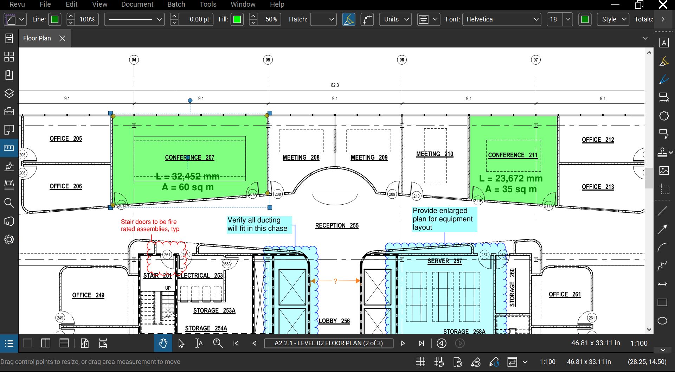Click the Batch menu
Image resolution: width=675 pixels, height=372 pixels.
click(x=176, y=5)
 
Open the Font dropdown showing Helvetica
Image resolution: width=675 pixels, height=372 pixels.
click(x=501, y=19)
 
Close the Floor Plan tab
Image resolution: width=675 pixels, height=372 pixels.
click(x=62, y=38)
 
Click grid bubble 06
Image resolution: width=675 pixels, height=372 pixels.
click(x=402, y=60)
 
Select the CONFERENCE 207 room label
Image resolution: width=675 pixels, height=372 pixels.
click(x=189, y=158)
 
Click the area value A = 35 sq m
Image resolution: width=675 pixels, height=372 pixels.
click(x=510, y=189)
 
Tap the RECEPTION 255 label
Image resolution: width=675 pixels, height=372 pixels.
click(x=336, y=226)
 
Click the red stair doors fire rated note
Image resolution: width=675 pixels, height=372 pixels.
click(x=150, y=225)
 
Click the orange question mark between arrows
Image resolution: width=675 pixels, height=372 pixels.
click(x=335, y=281)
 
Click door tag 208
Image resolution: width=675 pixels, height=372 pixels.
click(x=278, y=194)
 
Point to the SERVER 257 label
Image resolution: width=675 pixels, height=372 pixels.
click(x=444, y=261)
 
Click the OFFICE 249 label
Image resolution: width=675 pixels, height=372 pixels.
click(x=88, y=295)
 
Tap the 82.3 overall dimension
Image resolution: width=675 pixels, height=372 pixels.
click(x=335, y=85)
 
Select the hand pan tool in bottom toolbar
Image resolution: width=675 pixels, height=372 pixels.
click(x=163, y=344)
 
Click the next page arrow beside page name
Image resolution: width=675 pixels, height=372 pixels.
click(x=403, y=344)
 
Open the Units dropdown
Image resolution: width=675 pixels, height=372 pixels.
click(x=396, y=19)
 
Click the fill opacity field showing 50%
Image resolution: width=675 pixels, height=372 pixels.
click(x=271, y=19)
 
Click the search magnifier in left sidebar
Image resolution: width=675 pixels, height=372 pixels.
click(x=9, y=203)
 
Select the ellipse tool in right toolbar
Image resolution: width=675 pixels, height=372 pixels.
click(x=662, y=321)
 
